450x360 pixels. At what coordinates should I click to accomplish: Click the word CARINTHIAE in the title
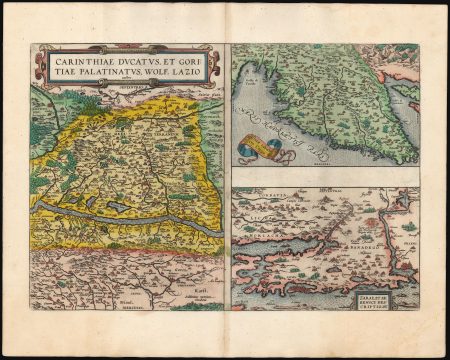point(77,60)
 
